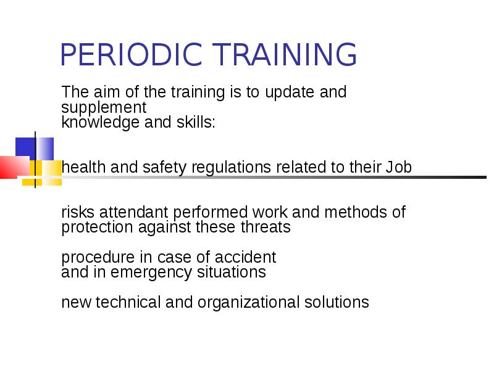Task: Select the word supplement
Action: coord(104,108)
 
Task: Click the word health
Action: coord(82,167)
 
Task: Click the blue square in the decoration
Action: coord(25,149)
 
